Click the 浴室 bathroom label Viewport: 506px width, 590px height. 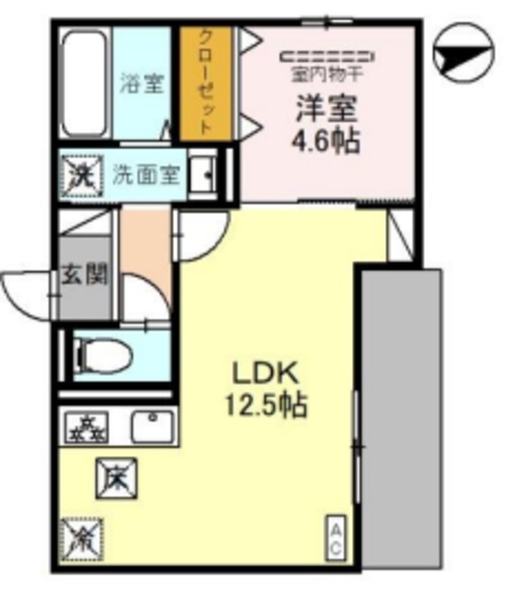coord(142,83)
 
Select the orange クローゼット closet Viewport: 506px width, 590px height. coord(207,83)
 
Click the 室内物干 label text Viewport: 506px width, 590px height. coord(328,72)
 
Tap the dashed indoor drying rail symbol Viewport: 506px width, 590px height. coord(328,54)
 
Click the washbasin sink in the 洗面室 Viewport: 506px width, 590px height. coord(204,172)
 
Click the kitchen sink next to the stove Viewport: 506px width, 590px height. coord(150,426)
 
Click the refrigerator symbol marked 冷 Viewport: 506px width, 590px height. coord(83,537)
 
